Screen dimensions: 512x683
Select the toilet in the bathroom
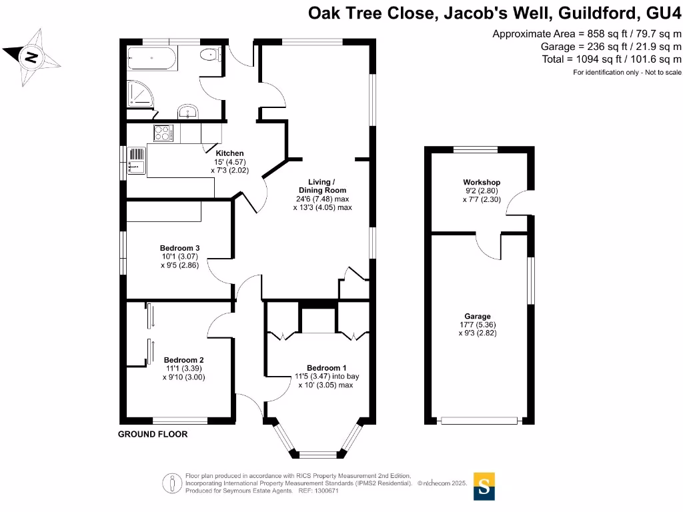point(213,56)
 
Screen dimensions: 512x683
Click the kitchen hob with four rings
point(163,133)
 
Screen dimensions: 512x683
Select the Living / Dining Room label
point(321,186)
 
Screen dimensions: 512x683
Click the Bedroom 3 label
point(179,248)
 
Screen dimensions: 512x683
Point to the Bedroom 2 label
point(183,360)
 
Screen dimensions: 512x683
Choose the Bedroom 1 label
point(326,368)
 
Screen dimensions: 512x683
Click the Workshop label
point(482,183)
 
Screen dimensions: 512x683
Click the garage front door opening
point(480,421)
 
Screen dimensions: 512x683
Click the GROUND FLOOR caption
point(153,434)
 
